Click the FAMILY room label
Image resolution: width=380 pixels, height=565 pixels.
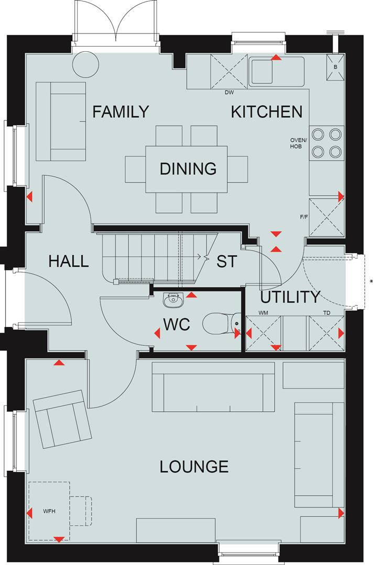121,112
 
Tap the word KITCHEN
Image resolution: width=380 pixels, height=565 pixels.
267,112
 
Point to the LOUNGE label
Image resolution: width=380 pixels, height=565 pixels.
194,466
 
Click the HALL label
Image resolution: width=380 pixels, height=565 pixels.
69,261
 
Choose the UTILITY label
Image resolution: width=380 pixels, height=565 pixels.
290,297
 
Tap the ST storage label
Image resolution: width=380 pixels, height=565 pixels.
227,262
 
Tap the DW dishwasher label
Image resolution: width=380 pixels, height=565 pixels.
229,93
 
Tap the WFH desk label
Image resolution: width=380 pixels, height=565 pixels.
49,510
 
